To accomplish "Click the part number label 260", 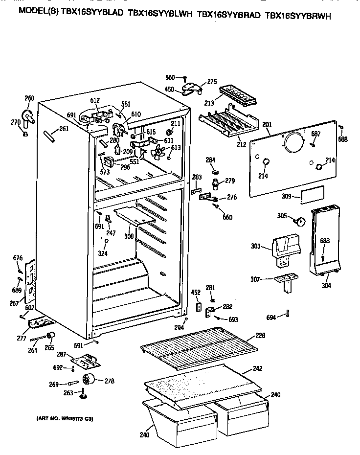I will click(x=29, y=98).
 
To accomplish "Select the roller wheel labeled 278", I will click(x=89, y=379).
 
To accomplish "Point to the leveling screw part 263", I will click(x=83, y=393).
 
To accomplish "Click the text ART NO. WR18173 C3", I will click(x=65, y=419).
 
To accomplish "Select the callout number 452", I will click(x=196, y=293).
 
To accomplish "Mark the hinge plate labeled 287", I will click(x=86, y=362).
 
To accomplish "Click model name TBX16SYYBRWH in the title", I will click(x=298, y=16).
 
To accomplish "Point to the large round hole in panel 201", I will click(x=293, y=143).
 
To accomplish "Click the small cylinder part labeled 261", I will click(x=49, y=135).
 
